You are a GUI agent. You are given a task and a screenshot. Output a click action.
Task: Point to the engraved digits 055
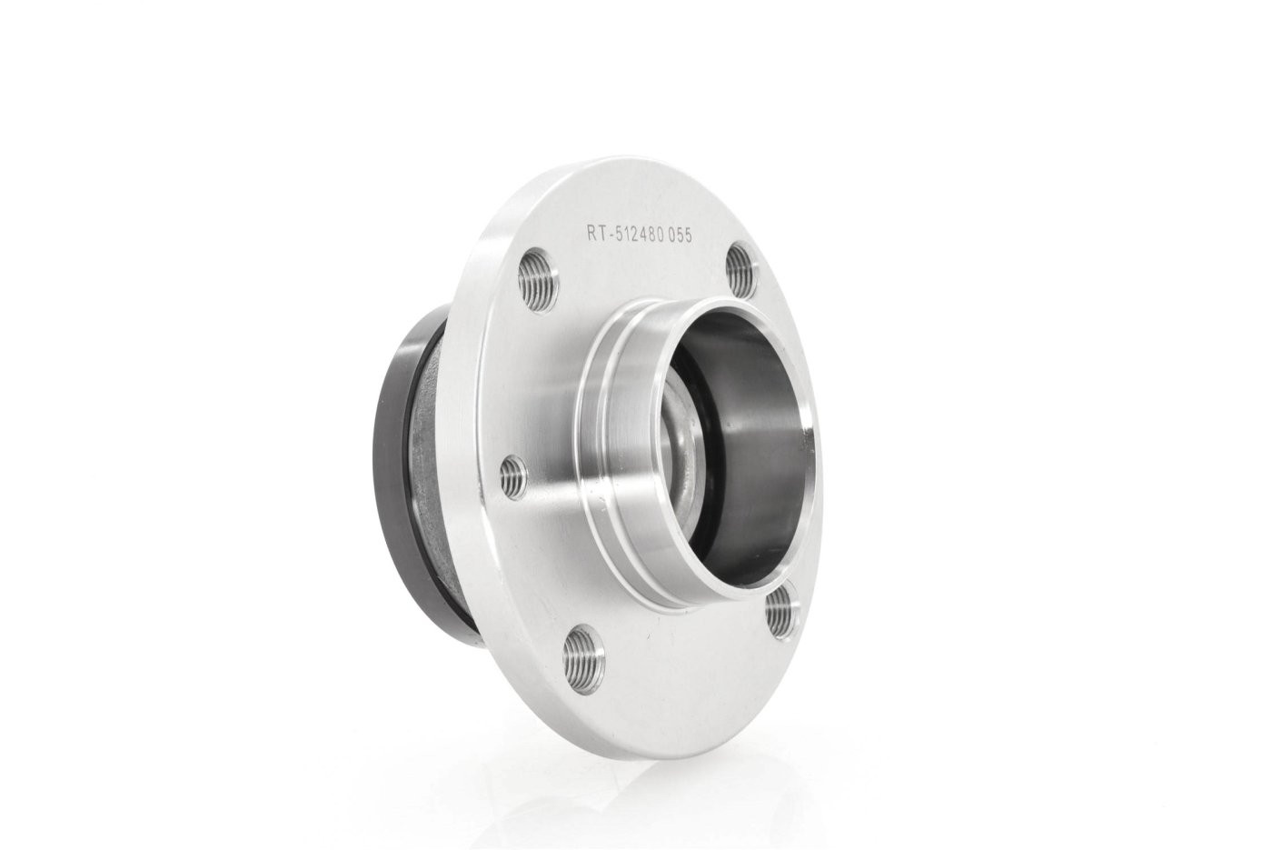click(681, 235)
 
